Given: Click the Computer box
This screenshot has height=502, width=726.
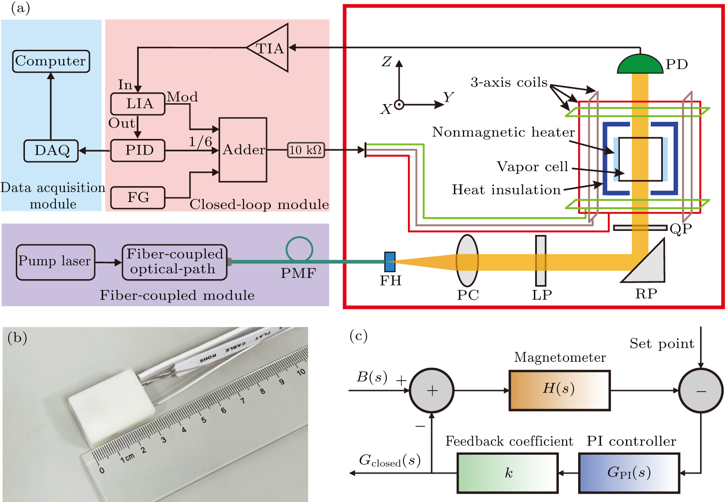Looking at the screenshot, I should pyautogui.click(x=51, y=61).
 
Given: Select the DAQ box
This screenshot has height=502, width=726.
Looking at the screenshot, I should pyautogui.click(x=51, y=151).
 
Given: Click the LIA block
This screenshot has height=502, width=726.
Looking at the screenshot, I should pyautogui.click(x=138, y=104).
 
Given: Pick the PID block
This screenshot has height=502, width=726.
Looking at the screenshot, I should pyautogui.click(x=138, y=151).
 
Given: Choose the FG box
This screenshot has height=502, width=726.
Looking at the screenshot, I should pyautogui.click(x=138, y=198).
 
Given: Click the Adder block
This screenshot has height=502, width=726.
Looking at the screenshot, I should pyautogui.click(x=243, y=150).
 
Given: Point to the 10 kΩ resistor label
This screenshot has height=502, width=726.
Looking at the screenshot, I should pyautogui.click(x=306, y=150).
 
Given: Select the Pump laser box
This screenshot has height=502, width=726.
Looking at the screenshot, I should pyautogui.click(x=55, y=262).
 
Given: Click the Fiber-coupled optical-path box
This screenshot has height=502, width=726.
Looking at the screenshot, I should pyautogui.click(x=174, y=262).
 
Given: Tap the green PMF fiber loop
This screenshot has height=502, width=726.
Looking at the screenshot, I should pyautogui.click(x=299, y=249).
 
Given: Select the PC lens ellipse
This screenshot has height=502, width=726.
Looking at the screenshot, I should pyautogui.click(x=467, y=261).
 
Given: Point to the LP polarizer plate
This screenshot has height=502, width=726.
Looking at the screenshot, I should pyautogui.click(x=540, y=261).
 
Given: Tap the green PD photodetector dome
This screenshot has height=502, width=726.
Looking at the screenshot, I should pyautogui.click(x=640, y=65).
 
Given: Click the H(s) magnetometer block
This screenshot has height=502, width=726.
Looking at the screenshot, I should pyautogui.click(x=559, y=390).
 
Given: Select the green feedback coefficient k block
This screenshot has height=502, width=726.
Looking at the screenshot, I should pyautogui.click(x=507, y=473).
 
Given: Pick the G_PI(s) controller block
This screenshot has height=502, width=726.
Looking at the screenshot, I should pyautogui.click(x=629, y=473).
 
